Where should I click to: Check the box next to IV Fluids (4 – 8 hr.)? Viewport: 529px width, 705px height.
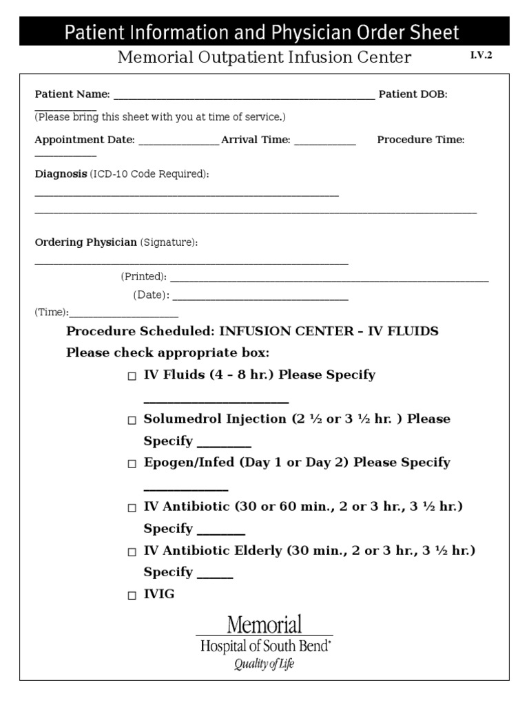pyautogui.click(x=132, y=377)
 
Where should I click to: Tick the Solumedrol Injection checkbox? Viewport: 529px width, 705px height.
pyautogui.click(x=132, y=421)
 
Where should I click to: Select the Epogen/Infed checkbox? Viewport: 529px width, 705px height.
pyautogui.click(x=132, y=464)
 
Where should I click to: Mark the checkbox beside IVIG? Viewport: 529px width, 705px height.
pyautogui.click(x=132, y=596)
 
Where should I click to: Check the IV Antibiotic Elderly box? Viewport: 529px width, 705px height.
pyautogui.click(x=132, y=552)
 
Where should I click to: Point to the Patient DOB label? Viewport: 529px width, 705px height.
pyautogui.click(x=413, y=94)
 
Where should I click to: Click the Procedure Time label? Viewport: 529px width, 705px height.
pyautogui.click(x=421, y=140)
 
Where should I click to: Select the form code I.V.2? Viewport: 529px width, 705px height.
pyautogui.click(x=481, y=56)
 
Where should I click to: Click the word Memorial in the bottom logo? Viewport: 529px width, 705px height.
pyautogui.click(x=264, y=625)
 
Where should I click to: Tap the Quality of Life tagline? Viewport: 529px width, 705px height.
pyautogui.click(x=264, y=664)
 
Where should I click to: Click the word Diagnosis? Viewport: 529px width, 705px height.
pyautogui.click(x=61, y=174)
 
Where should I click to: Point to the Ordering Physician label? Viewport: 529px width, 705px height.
pyautogui.click(x=85, y=242)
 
